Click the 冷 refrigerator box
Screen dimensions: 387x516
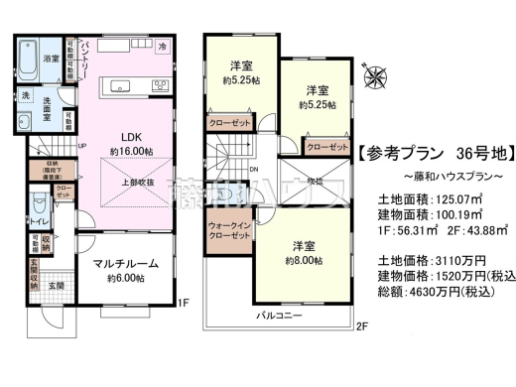tap(163, 47)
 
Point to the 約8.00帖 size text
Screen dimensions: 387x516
tap(305, 258)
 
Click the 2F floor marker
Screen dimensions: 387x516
tap(362, 325)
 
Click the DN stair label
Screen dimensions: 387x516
tap(253, 168)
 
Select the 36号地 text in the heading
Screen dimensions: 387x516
tap(483, 155)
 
